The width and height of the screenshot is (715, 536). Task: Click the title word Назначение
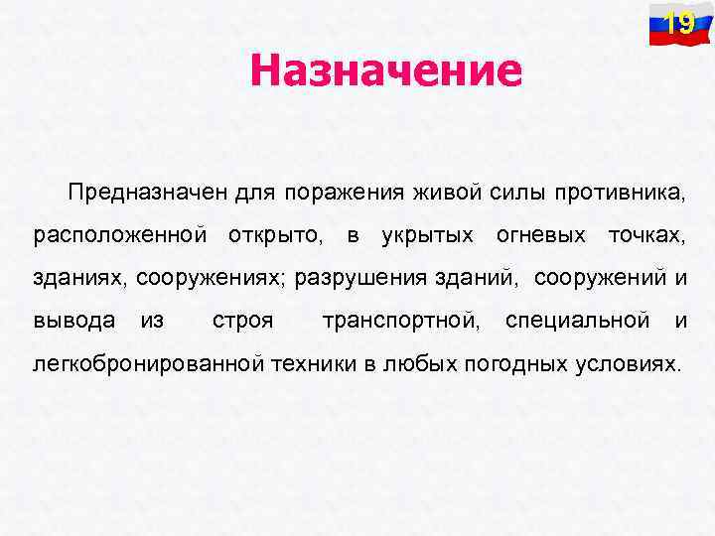(x=385, y=70)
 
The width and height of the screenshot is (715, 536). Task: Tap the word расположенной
(x=120, y=236)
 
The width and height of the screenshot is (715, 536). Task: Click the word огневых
(x=540, y=236)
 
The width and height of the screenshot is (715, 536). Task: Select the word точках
(x=645, y=236)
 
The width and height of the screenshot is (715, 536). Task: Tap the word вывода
(x=74, y=321)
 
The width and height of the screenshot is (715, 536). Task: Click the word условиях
(x=629, y=363)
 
